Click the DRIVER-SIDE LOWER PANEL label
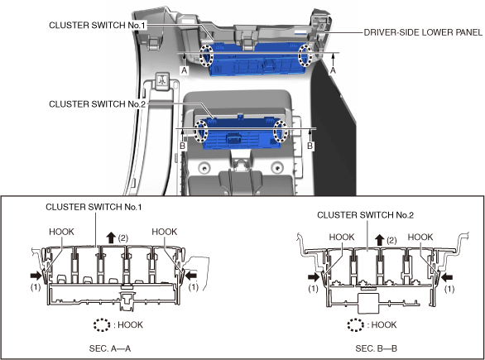click(423, 32)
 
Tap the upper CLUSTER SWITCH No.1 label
click(97, 25)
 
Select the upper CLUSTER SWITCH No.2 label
click(97, 104)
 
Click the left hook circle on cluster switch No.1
click(206, 55)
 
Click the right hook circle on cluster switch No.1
click(305, 55)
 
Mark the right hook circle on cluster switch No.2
click(281, 132)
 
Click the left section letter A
click(184, 70)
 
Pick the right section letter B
click(310, 146)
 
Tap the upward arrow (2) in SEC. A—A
click(111, 238)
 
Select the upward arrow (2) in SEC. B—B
click(380, 240)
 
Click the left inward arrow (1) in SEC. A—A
click(36, 275)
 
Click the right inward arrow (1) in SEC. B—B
click(447, 277)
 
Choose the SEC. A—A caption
click(110, 348)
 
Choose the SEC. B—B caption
click(376, 348)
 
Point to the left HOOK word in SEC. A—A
click(61, 232)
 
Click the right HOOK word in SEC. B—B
click(420, 237)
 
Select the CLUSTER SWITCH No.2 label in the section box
click(365, 214)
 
